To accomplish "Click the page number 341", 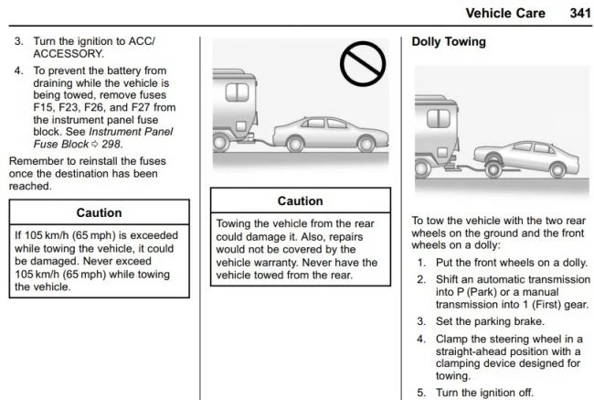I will [569, 13].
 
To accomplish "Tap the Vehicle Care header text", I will [504, 13].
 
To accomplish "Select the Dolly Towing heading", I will [449, 42].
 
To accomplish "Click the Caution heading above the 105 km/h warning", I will [99, 212].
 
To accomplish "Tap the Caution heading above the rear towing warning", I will [300, 200].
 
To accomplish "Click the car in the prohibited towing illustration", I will [312, 134].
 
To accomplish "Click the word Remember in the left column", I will [35, 161].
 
